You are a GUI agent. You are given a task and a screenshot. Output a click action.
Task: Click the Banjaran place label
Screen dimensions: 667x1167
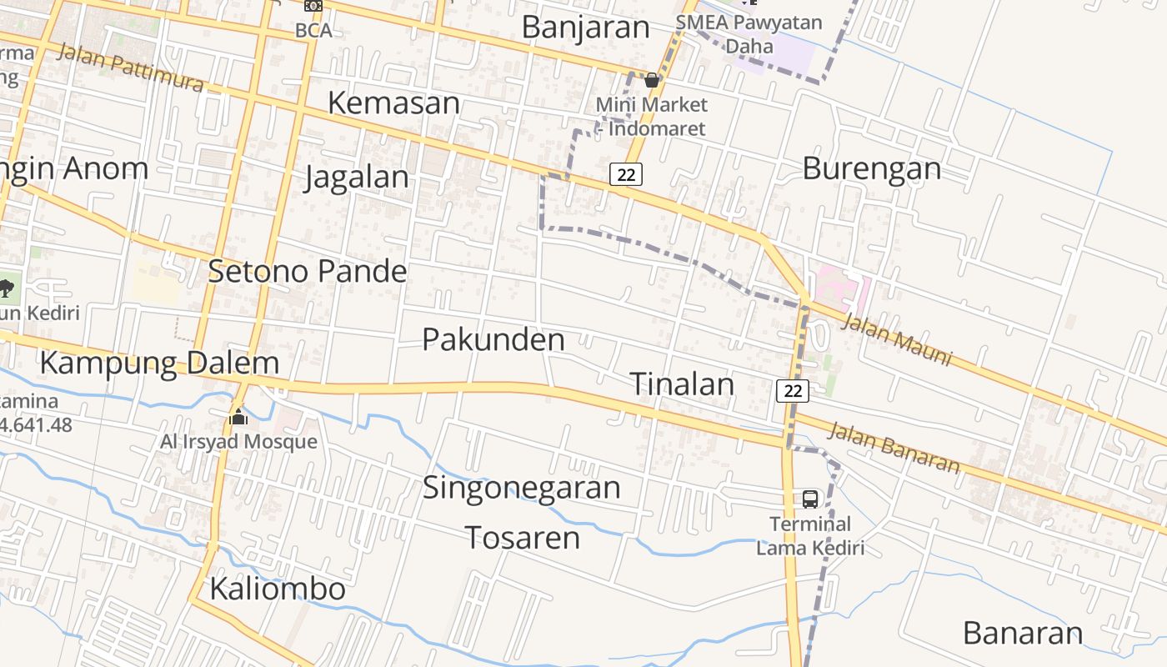[x=585, y=27]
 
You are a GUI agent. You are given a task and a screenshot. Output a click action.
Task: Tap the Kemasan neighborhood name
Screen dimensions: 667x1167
[x=393, y=103]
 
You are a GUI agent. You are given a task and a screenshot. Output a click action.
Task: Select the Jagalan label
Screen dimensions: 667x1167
[x=357, y=178]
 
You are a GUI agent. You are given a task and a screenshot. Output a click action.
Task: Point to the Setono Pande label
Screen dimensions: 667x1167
[x=308, y=271]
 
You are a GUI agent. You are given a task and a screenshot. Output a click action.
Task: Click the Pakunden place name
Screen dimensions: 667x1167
[x=493, y=339]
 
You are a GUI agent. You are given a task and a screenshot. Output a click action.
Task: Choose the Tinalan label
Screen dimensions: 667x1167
[x=682, y=384]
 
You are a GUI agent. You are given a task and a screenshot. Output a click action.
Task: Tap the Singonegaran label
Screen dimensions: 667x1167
[x=522, y=487]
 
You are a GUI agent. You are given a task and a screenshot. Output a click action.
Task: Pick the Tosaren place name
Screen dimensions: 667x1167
[x=522, y=538]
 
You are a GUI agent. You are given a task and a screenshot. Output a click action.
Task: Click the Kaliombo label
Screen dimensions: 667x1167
[x=278, y=589]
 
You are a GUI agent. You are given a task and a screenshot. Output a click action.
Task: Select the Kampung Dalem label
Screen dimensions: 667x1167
[x=159, y=364]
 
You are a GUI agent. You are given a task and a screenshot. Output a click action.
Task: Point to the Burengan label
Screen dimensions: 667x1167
[x=872, y=168]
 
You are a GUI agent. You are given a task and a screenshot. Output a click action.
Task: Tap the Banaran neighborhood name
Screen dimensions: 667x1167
[x=1023, y=634]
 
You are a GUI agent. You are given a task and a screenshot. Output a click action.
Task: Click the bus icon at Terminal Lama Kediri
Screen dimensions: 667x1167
[x=809, y=499]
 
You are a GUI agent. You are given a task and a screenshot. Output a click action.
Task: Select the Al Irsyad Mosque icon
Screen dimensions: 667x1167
[x=239, y=416]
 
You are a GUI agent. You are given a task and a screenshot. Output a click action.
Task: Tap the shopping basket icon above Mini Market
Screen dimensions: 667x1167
[x=652, y=80]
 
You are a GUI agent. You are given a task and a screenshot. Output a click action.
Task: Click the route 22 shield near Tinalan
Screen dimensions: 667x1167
[x=793, y=390]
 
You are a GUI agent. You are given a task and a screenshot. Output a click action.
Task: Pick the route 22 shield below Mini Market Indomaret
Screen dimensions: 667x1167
[x=626, y=174]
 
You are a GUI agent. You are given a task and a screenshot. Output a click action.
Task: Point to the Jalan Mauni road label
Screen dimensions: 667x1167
[x=897, y=339]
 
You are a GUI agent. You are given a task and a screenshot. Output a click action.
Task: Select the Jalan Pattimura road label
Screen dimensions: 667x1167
[x=130, y=68]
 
